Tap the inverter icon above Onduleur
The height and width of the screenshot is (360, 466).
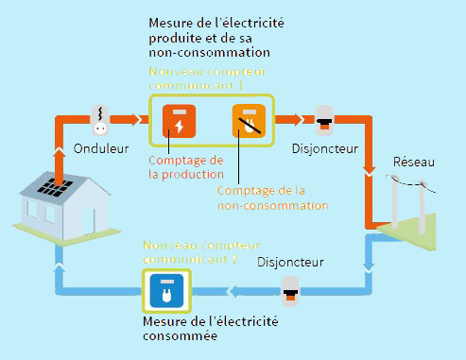pyautogui.click(x=98, y=119)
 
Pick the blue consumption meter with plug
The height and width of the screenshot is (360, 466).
pyautogui.click(x=165, y=292)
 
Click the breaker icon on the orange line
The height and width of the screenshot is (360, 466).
pyautogui.click(x=324, y=120)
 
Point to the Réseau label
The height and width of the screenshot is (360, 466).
pyautogui.click(x=413, y=163)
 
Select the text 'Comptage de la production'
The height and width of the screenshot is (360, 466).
pyautogui.click(x=185, y=166)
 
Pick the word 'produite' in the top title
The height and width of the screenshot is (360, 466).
pyautogui.click(x=179, y=38)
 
